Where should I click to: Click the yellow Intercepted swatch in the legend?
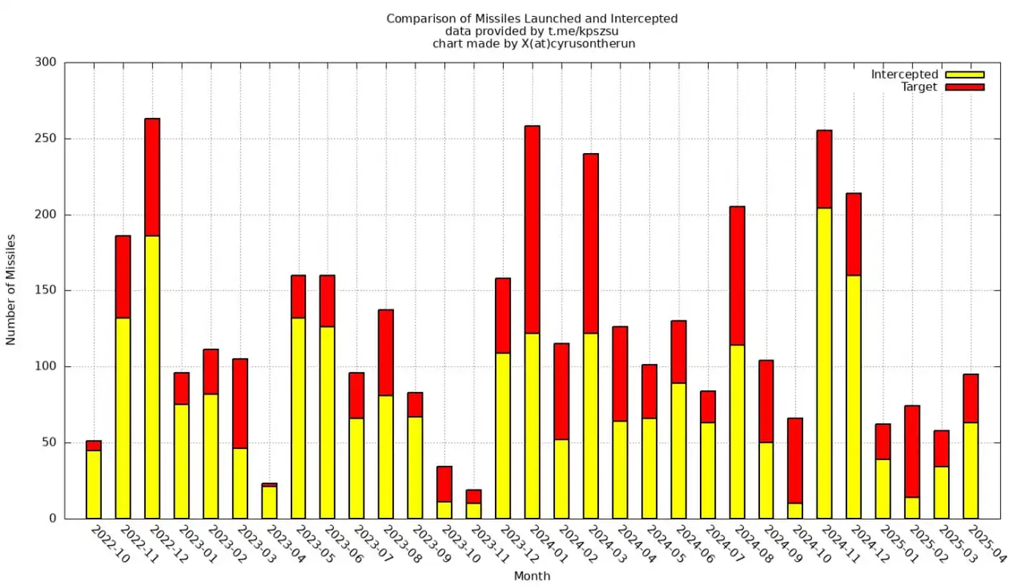coord(964,74)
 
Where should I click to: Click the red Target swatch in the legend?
coord(964,87)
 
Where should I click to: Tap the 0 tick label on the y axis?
coord(52,519)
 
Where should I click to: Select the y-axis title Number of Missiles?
coord(11,290)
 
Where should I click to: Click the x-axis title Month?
coord(532,576)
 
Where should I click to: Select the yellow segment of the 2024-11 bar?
coord(824,363)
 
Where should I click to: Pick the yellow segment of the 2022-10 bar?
coord(94,484)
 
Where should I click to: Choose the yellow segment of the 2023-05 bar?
coord(298,418)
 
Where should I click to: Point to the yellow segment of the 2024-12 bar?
coord(854,396)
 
